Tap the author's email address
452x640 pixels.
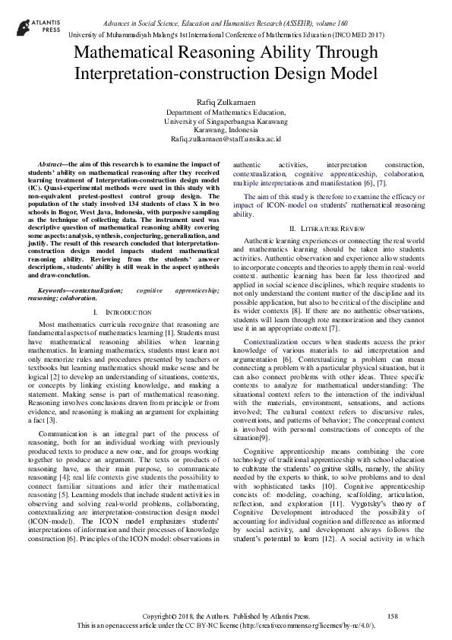(x=226, y=139)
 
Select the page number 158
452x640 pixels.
(x=393, y=615)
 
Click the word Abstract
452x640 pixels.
(x=52, y=164)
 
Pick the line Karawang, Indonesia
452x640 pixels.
(x=226, y=129)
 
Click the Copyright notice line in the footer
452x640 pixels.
(x=226, y=615)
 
